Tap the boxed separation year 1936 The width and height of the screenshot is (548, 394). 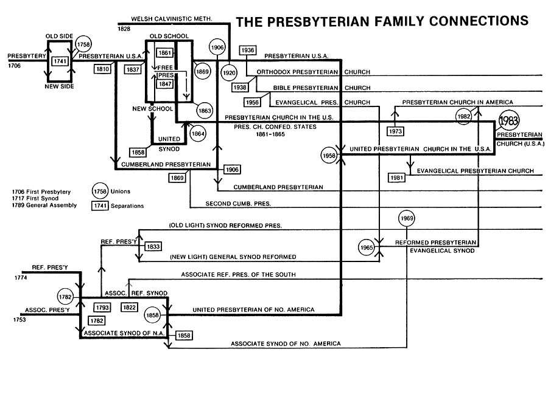point(247,50)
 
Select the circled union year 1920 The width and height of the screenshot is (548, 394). point(229,72)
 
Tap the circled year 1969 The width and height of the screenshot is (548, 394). point(407,218)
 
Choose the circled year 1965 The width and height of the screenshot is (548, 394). point(367,248)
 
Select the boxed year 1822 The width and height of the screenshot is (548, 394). point(128,308)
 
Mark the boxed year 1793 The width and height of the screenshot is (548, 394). point(102,308)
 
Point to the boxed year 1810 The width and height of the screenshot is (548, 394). point(102,69)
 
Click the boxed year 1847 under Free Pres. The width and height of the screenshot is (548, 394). point(165,84)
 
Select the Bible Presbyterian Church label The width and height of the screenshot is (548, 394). point(321,88)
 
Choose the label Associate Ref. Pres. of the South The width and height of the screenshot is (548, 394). point(238,275)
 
